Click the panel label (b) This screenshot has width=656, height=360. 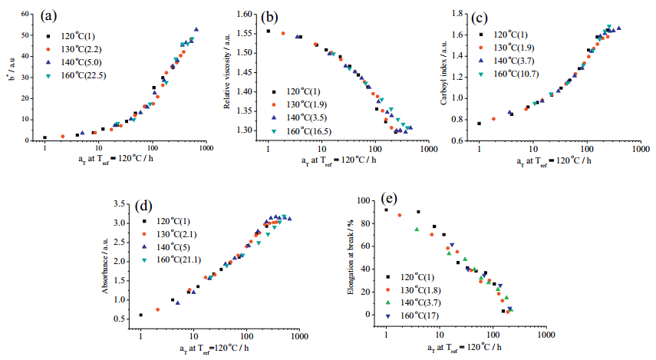pyautogui.click(x=269, y=16)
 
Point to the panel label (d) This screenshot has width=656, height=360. pyautogui.click(x=147, y=206)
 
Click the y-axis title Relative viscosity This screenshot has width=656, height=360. pyautogui.click(x=228, y=78)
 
